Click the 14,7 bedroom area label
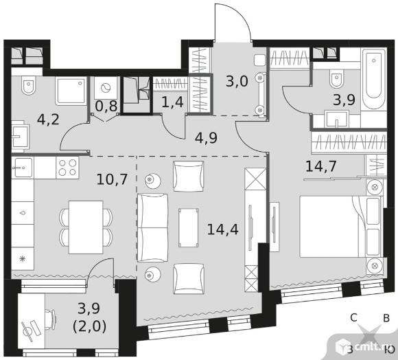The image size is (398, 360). click(321, 166)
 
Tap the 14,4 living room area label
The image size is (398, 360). click(222, 229)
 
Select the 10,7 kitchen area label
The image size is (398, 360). click(112, 179)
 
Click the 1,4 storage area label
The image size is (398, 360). click(172, 102)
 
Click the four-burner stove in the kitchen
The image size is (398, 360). click(67, 168)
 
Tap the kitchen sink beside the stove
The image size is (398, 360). click(23, 168)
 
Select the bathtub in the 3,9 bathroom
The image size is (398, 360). click(373, 79)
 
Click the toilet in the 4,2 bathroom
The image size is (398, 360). click(29, 85)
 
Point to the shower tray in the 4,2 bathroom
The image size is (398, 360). click(71, 91)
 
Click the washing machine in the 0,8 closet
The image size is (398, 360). click(106, 88)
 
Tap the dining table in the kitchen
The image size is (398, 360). click(86, 227)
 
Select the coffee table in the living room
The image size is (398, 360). click(188, 227)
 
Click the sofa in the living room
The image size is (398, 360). click(152, 227)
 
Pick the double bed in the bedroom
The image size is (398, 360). click(341, 227)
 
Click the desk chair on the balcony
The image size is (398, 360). click(51, 320)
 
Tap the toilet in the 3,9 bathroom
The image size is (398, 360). click(336, 79)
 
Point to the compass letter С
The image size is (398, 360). click(354, 317)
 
